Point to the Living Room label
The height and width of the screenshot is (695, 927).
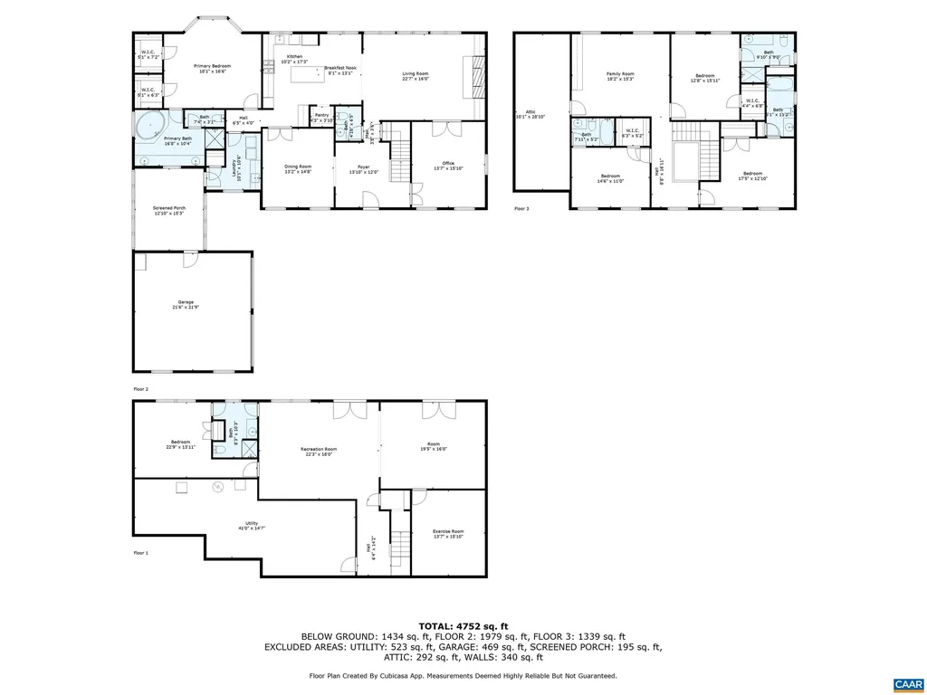(416, 76)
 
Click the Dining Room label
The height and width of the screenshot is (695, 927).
(298, 168)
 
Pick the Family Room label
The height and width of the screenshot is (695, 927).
(620, 76)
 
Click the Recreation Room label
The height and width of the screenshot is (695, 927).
(319, 451)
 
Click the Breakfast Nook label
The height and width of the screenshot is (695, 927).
(339, 71)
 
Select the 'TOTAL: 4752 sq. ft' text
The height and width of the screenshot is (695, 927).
(463, 625)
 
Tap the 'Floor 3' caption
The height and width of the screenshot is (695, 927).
(521, 208)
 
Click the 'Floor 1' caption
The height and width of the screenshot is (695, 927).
(140, 552)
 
